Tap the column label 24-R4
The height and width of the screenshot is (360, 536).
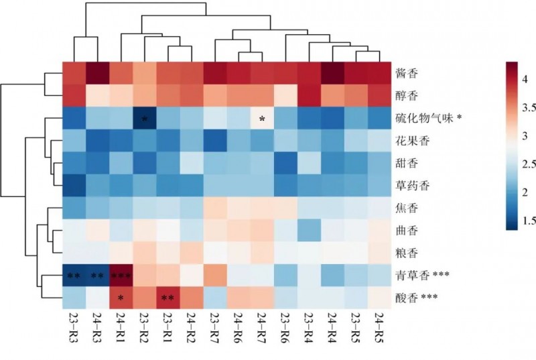tap(332, 327)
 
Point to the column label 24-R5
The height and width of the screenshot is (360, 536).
tap(379, 327)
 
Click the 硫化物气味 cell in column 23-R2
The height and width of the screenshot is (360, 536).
tap(144, 119)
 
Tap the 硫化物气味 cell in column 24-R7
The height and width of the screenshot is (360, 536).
tap(262, 119)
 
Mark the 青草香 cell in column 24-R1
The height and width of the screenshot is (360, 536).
tap(121, 275)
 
